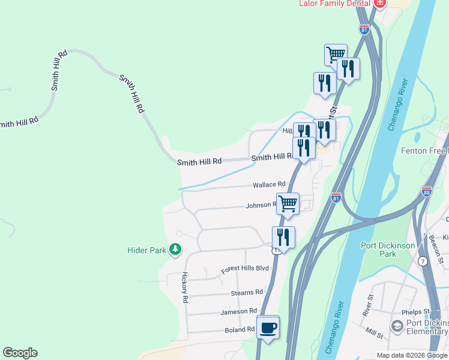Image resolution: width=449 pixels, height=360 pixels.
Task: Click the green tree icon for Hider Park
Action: pyautogui.click(x=175, y=249)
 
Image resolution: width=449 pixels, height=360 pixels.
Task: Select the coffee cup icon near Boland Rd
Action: pyautogui.click(x=268, y=328)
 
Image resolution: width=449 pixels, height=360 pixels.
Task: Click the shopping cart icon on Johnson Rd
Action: pyautogui.click(x=288, y=203)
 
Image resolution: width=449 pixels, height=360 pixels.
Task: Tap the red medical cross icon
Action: pyautogui.click(x=379, y=4)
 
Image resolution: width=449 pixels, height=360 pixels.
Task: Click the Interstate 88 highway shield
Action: pyautogui.click(x=426, y=191)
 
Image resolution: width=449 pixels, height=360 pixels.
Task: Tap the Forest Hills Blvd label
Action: pyautogui.click(x=245, y=269)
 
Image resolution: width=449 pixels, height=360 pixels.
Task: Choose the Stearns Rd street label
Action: pyautogui.click(x=247, y=293)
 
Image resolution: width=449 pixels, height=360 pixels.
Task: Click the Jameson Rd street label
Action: pyautogui.click(x=238, y=311)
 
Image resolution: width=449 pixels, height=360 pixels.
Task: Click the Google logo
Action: pyautogui.click(x=20, y=353)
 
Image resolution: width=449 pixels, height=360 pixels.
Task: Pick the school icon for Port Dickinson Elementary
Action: pyautogui.click(x=396, y=326)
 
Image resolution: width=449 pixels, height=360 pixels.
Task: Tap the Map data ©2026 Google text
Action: pyautogui.click(x=412, y=355)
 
